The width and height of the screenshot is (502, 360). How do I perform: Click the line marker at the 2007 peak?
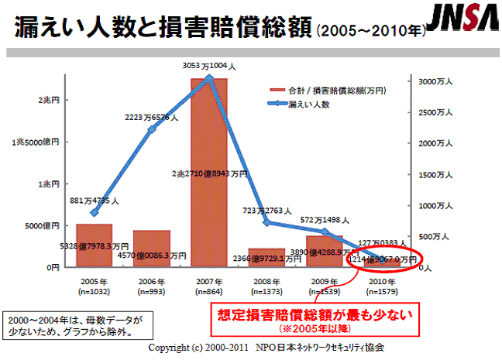[209, 78]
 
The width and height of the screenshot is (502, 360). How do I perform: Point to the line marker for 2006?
[152, 129]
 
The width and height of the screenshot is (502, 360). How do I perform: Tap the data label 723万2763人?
[266, 210]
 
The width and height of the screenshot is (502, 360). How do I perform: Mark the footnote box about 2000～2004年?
[75, 324]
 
